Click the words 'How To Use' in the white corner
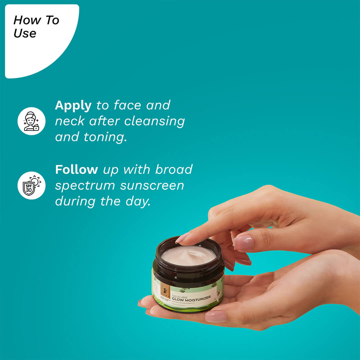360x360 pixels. [36, 27]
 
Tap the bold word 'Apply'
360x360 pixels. [73, 105]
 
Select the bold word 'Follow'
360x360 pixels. [76, 169]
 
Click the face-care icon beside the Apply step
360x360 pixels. [31, 121]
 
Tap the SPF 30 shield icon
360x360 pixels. [31, 185]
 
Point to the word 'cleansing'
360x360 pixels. [154, 121]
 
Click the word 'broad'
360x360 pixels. [174, 169]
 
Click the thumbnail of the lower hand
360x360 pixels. [216, 316]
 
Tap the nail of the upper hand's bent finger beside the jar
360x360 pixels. [243, 243]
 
